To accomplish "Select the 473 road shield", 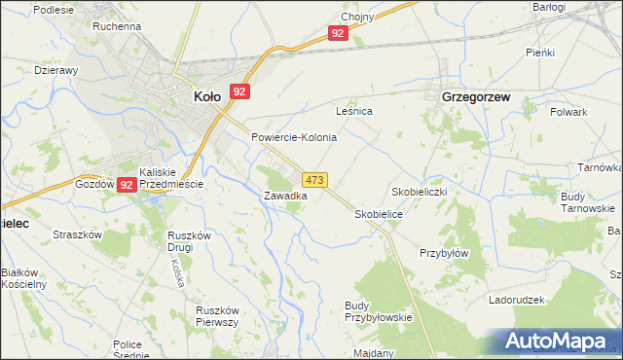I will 314,181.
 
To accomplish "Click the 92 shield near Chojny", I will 337,33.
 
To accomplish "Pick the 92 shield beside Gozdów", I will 128,184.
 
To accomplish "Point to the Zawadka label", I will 286,196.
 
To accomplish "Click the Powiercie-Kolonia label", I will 294,137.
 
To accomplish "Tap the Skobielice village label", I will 380,213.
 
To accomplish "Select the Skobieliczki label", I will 419,192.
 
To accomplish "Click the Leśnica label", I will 354,112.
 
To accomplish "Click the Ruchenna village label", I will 117,26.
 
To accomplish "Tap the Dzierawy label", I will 55,70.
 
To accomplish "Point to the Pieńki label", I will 539,52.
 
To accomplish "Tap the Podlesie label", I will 53,9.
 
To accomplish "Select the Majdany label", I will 375,353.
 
